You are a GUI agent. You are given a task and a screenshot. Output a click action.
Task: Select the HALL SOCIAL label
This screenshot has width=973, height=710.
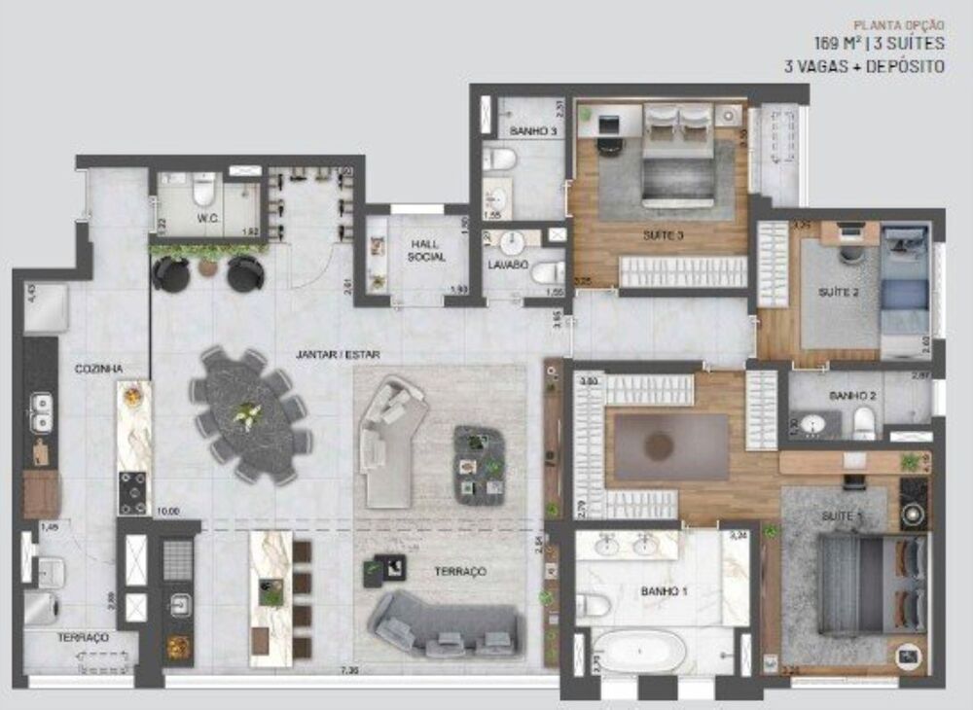426,250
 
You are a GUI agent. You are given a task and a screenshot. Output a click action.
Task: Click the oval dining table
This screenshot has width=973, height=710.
250,415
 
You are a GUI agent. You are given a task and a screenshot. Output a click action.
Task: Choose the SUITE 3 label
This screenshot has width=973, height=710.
663,235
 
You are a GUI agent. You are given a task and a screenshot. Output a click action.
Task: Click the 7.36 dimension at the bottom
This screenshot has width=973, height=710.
349,670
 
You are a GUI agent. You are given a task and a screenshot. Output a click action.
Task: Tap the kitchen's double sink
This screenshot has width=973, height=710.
42,412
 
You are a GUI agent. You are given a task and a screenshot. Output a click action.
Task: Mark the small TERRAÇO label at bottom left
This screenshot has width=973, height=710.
82,637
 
